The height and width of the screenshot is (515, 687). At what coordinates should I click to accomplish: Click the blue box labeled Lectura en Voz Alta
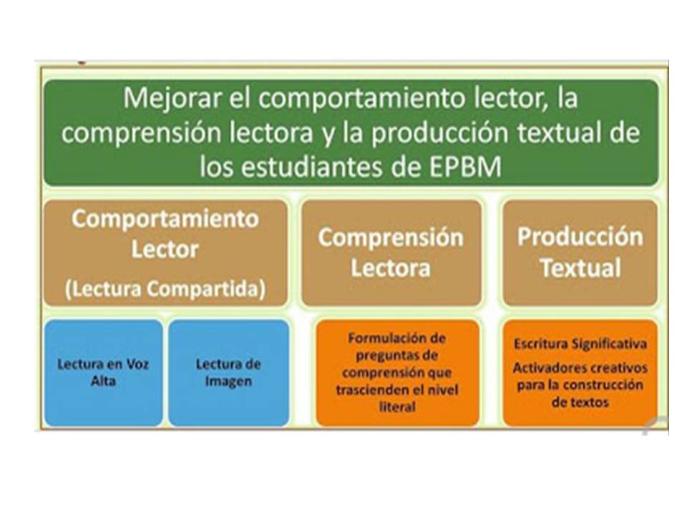tap(103, 373)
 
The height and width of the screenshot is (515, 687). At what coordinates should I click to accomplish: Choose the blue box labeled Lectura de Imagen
tap(228, 373)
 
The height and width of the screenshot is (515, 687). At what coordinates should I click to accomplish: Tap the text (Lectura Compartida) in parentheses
tap(165, 289)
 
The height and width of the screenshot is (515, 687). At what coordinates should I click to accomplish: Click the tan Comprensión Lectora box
tap(391, 252)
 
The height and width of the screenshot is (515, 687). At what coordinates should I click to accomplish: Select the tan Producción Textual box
tap(580, 252)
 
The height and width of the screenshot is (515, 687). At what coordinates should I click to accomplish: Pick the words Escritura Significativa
tap(580, 344)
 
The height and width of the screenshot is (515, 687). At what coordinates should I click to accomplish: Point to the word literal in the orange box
tap(397, 407)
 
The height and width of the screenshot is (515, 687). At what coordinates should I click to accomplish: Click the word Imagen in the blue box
tap(228, 381)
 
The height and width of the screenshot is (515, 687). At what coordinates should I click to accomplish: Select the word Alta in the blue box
tap(103, 381)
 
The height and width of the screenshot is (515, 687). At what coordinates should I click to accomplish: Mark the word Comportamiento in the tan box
tap(165, 219)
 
